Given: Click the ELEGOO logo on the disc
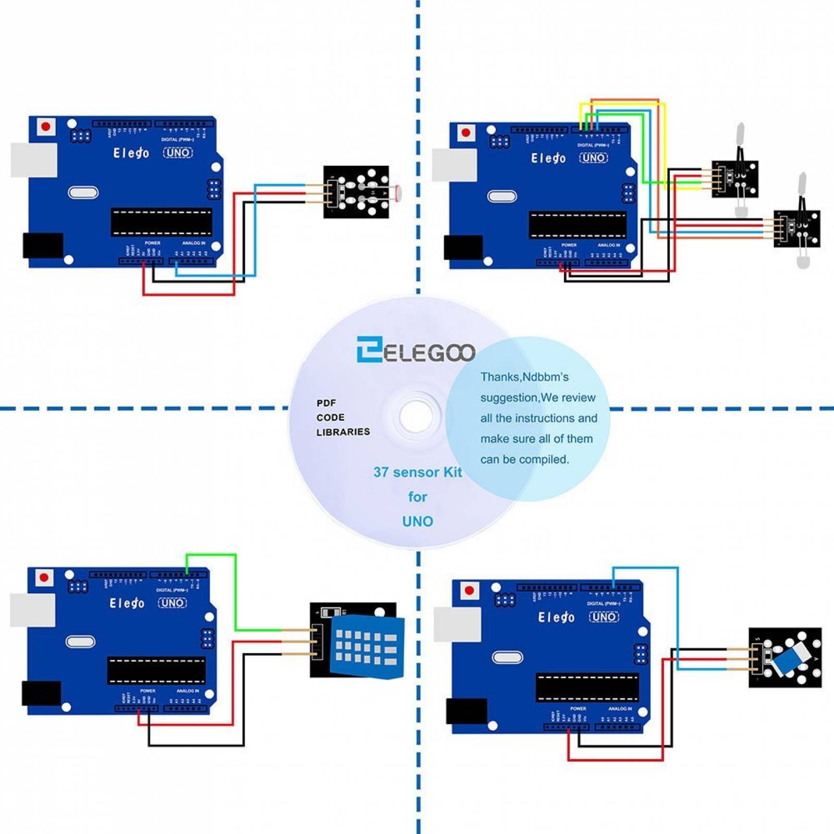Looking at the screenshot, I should coord(415,350).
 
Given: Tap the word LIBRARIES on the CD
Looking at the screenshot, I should coord(343,432).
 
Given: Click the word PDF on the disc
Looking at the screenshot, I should coord(326,403).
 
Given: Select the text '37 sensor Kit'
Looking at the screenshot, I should coord(418,472).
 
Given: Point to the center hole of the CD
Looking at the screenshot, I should coord(416,416).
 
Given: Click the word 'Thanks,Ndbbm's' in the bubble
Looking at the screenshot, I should coord(524,377).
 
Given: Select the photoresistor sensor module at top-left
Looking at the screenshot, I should coord(356,192).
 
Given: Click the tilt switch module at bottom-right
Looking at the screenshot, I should coord(785,657).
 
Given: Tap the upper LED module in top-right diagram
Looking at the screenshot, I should coord(735,178).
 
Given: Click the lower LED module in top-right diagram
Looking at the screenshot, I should coord(796,228).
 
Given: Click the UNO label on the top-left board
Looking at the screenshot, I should coord(178,153).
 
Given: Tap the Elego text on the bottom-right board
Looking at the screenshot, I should coord(556,617).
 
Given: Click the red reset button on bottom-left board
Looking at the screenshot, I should coord(44,578).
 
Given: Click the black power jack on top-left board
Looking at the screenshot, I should coord(43,245).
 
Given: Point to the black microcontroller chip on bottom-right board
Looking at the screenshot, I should coord(587,687).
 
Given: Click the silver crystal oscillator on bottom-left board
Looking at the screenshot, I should coord(80,642).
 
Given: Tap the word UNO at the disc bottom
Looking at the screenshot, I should coord(418,521).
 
